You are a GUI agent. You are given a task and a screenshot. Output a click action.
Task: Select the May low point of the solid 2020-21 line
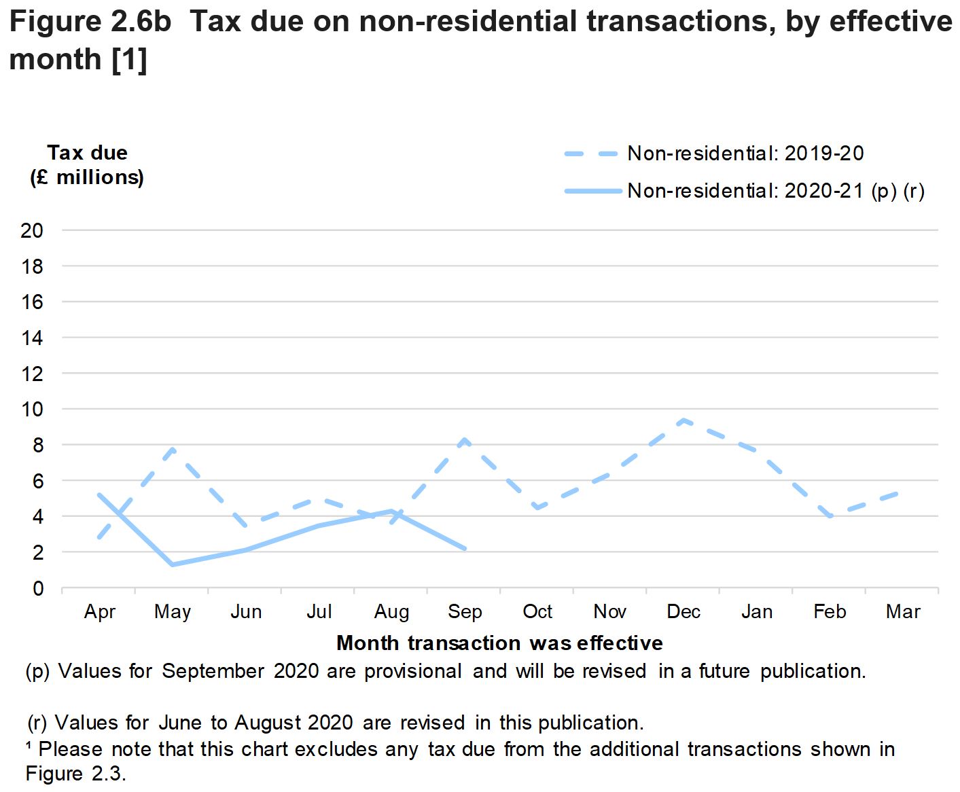coord(173,564)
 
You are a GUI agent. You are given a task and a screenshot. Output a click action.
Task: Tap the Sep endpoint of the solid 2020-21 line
coord(465,548)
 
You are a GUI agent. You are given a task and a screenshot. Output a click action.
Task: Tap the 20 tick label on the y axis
coord(32,231)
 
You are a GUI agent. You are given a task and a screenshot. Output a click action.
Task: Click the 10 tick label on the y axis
coord(32,410)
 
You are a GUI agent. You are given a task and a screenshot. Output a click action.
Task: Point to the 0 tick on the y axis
coord(38,588)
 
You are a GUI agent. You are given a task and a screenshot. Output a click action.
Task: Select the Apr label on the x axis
coord(100,612)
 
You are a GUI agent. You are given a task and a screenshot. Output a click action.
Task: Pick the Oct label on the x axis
coord(537,612)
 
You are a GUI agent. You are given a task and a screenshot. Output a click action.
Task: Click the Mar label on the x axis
coord(903,612)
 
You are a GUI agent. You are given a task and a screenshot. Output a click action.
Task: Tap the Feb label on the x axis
coord(830,612)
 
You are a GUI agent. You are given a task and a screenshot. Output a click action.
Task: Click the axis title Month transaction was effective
coord(499,643)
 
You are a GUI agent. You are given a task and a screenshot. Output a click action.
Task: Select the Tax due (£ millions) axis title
coord(87,165)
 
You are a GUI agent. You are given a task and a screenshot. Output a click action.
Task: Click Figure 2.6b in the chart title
coord(90,22)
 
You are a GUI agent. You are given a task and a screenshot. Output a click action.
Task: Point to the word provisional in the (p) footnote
coord(413,671)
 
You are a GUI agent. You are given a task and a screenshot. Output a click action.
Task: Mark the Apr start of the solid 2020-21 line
coord(100,494)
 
